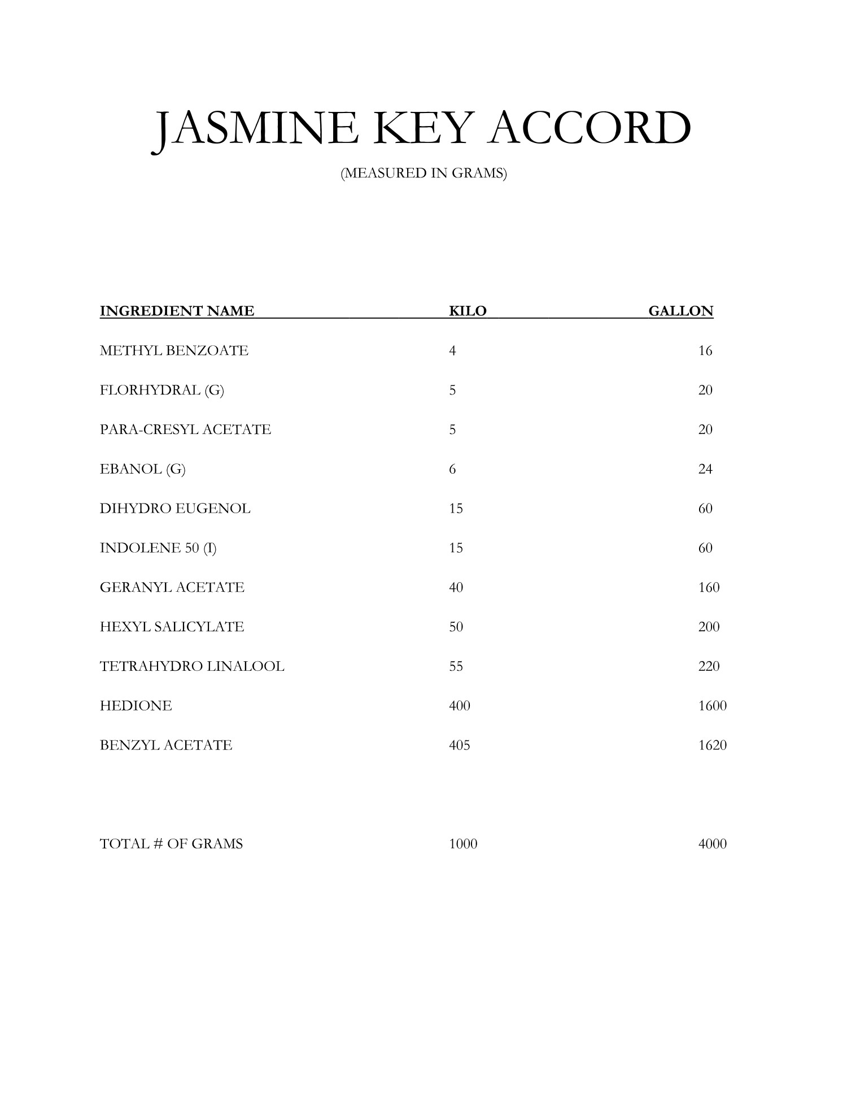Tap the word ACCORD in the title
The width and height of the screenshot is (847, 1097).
pos(592,129)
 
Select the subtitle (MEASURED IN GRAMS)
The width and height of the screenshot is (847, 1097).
pos(423,174)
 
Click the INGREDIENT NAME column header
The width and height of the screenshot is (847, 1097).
pos(177,311)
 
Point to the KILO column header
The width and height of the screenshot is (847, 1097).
pos(467,311)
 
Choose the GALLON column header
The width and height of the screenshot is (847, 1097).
pos(680,311)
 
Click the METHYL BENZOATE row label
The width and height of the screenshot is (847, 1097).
pos(174,351)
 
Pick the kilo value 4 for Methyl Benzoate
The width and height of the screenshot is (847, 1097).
pos(452,351)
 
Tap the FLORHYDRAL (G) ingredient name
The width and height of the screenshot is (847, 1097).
pos(162,391)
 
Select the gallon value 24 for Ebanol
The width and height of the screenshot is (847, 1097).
pos(705,469)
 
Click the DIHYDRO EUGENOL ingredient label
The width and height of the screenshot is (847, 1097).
pos(175,509)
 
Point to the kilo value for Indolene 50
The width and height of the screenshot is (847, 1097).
pos(456,548)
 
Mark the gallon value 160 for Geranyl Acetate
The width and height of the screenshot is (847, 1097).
pos(709,588)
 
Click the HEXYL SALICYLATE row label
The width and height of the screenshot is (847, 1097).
pos(172,627)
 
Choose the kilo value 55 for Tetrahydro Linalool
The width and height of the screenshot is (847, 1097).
pos(456,666)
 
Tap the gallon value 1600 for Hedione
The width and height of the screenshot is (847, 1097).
pos(712,706)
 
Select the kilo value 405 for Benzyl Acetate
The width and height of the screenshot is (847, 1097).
pos(459,745)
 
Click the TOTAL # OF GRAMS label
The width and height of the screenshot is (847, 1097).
pos(171,844)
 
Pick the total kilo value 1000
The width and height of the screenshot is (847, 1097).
pos(463,844)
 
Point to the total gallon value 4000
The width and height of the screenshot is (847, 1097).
pos(712,844)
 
